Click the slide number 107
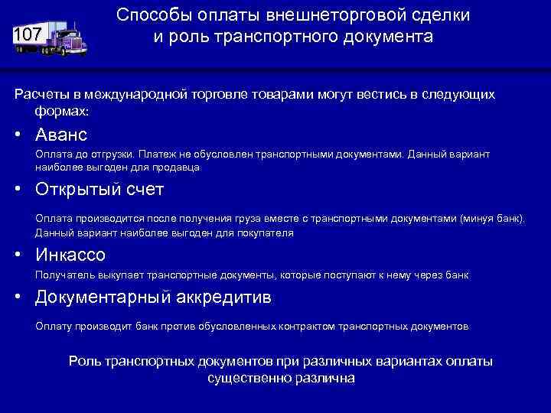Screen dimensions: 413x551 27,35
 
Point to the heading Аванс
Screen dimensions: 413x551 61,135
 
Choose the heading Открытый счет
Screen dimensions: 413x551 99,189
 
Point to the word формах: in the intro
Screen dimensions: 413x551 62,111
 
